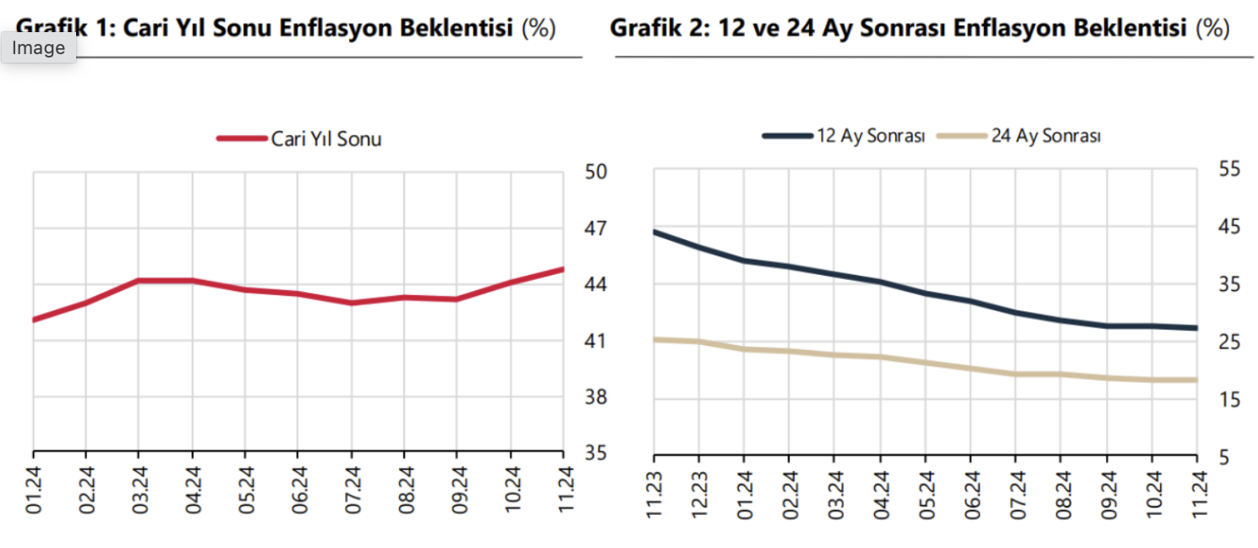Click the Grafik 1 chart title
pyautogui.click(x=286, y=28)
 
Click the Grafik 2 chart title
pyautogui.click(x=919, y=28)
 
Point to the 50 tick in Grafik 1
pyautogui.click(x=596, y=173)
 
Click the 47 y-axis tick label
pyautogui.click(x=596, y=229)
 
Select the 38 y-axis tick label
pyautogui.click(x=596, y=397)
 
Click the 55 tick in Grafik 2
pyautogui.click(x=1228, y=170)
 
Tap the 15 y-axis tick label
pyautogui.click(x=1228, y=399)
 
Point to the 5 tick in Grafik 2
pyautogui.click(x=1223, y=457)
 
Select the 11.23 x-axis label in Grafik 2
pyautogui.click(x=654, y=492)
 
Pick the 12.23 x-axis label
pyautogui.click(x=699, y=492)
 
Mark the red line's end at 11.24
pyautogui.click(x=563, y=269)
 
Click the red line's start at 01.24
pyautogui.click(x=33, y=320)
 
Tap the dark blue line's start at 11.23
pyautogui.click(x=654, y=231)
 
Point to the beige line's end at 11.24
pyautogui.click(x=1197, y=380)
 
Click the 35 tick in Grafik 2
pyautogui.click(x=1228, y=285)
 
